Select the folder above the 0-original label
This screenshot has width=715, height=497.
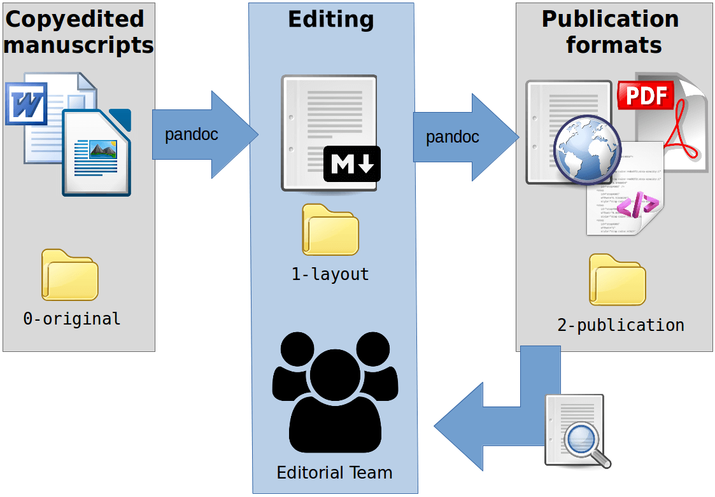point(70,275)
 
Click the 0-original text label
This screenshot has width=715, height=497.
point(72,319)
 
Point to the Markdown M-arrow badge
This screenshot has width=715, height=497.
point(351,164)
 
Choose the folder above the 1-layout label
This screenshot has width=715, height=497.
point(330,230)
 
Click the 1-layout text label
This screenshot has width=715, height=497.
point(330,274)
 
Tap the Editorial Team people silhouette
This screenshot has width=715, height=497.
point(335,391)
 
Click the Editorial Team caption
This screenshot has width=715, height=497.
point(334,473)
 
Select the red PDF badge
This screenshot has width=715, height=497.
point(646,95)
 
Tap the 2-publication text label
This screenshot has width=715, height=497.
point(621,325)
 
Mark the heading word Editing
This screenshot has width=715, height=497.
point(331,20)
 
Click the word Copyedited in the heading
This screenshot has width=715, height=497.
point(75,19)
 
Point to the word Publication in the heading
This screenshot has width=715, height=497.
point(610,19)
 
